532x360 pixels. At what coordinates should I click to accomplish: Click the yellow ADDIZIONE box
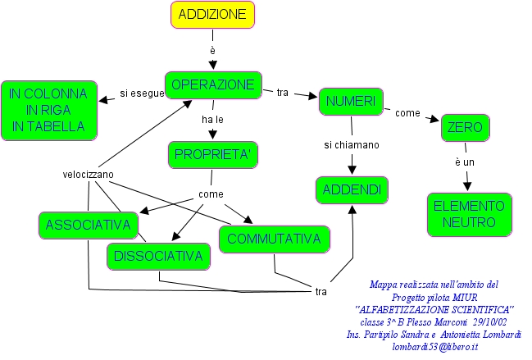tap(213, 15)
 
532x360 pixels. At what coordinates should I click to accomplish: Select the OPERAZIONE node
tap(213, 84)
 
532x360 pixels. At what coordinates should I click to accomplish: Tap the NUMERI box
tap(351, 101)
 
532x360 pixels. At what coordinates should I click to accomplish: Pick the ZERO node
tap(466, 128)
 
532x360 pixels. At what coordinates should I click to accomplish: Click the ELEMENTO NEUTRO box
tap(469, 214)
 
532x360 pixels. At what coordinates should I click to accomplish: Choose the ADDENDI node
tap(351, 190)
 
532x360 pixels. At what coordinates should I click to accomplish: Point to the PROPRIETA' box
tap(212, 154)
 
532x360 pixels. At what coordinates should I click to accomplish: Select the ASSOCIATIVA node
tap(89, 224)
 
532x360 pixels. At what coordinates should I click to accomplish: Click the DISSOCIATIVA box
tap(158, 257)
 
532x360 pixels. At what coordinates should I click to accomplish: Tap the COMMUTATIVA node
tap(274, 239)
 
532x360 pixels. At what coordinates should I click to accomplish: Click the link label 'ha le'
tap(212, 120)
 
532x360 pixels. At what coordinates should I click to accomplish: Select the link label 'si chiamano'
tap(351, 145)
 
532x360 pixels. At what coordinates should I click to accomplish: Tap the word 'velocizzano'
tap(89, 175)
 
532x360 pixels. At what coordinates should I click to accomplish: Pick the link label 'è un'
tap(465, 162)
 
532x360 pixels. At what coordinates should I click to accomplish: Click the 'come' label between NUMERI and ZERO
tap(407, 113)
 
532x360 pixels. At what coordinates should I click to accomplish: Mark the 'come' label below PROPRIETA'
tap(211, 194)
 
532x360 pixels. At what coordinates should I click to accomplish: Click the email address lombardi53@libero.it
tap(435, 347)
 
